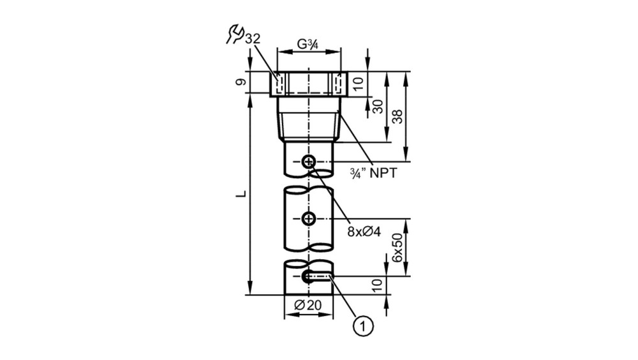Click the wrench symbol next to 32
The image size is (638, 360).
coord(235,34)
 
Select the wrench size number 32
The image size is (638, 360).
coord(252,39)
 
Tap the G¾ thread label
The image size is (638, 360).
coord(308,44)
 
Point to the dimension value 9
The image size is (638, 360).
coord(241,82)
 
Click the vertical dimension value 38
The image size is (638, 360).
coord(398,116)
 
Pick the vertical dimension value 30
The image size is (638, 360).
coord(378,107)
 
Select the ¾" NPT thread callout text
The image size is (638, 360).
coord(373,173)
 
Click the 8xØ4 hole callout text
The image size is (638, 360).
coord(364,232)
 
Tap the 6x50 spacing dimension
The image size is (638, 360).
coord(397,248)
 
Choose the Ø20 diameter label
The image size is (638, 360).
coord(308,304)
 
